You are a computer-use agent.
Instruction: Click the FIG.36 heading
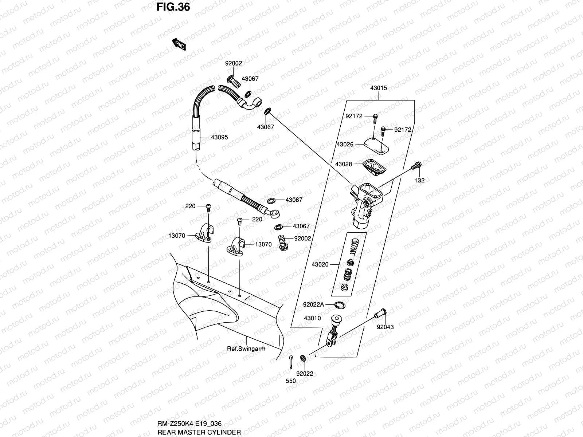pos(173,7)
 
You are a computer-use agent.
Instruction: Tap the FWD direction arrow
pos(179,44)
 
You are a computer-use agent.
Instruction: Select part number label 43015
pos(379,88)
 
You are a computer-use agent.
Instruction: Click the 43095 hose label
pos(219,137)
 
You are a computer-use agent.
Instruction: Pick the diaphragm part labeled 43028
pos(374,167)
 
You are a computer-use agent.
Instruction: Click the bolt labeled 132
pos(416,166)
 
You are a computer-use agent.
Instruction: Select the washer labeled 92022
pos(303,358)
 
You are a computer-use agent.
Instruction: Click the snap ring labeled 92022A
pos(340,305)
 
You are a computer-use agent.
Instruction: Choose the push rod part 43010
pos(334,331)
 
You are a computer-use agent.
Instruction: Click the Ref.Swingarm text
pos(246,349)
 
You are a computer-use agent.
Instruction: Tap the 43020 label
pos(320,264)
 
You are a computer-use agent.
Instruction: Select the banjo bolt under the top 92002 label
pos(234,82)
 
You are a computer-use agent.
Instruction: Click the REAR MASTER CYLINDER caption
pos(199,432)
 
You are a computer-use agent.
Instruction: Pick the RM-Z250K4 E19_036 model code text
pos(189,424)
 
